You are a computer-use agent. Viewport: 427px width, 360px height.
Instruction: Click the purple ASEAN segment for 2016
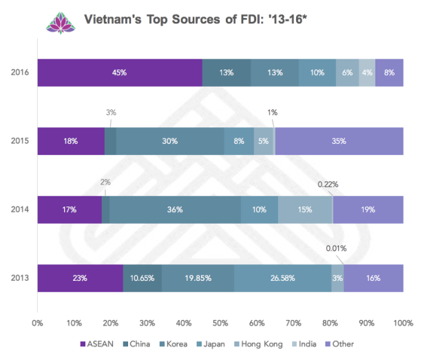pyautogui.click(x=120, y=73)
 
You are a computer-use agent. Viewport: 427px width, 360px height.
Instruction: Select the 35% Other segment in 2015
pyautogui.click(x=340, y=141)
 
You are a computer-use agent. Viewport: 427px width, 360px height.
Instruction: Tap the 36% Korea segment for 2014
pyautogui.click(x=175, y=209)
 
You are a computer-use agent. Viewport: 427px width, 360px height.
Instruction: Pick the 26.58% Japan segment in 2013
pyautogui.click(x=282, y=278)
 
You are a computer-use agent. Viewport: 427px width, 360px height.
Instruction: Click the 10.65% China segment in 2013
pyautogui.click(x=143, y=278)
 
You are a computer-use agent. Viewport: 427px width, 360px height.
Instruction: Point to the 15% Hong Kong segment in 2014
pyautogui.click(x=305, y=209)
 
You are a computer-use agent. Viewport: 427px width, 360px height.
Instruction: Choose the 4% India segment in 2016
pyautogui.click(x=367, y=73)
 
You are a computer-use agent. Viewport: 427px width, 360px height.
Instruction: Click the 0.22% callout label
pyautogui.click(x=328, y=184)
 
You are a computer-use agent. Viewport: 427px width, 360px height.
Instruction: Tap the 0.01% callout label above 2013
pyautogui.click(x=336, y=248)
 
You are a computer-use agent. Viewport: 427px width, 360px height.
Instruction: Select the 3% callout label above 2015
pyautogui.click(x=111, y=112)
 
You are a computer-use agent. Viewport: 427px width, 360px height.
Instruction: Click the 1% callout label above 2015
pyautogui.click(x=272, y=112)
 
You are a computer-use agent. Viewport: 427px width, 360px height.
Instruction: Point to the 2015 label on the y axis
pyautogui.click(x=20, y=141)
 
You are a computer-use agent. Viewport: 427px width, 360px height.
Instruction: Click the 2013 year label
pyautogui.click(x=20, y=278)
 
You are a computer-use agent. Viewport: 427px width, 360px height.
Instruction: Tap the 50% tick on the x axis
pyautogui.click(x=220, y=324)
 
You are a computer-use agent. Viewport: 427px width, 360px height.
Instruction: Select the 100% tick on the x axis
pyautogui.click(x=404, y=324)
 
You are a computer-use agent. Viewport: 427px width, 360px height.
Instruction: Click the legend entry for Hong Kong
pyautogui.click(x=258, y=344)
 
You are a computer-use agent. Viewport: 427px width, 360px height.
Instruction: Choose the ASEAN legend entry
pyautogui.click(x=96, y=344)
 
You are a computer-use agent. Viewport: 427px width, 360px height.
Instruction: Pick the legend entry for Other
pyautogui.click(x=340, y=344)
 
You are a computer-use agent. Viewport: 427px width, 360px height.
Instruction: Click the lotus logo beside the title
pyautogui.click(x=61, y=23)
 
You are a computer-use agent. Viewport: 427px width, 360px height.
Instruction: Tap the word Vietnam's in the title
pyautogui.click(x=113, y=19)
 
